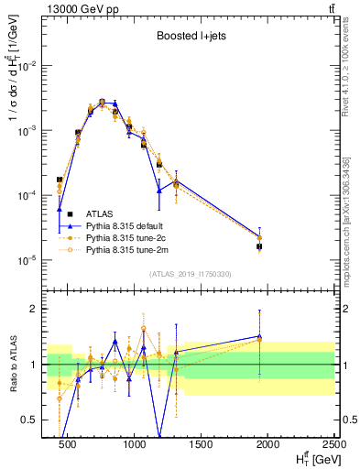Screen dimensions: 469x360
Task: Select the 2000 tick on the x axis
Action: (x=268, y=444)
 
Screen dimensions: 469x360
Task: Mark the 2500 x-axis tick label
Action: (x=334, y=444)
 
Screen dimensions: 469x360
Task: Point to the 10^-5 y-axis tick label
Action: (x=27, y=260)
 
